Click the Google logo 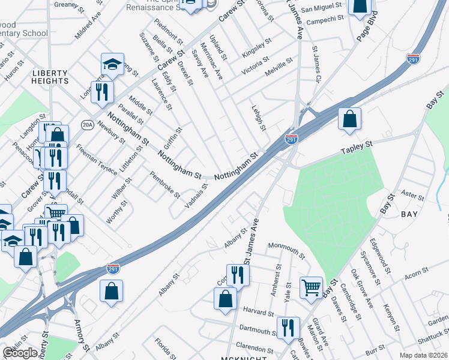20,353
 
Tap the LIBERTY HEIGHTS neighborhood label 50,76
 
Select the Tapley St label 357,148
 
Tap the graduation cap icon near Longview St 112,63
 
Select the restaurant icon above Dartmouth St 288,327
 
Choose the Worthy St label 117,212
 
